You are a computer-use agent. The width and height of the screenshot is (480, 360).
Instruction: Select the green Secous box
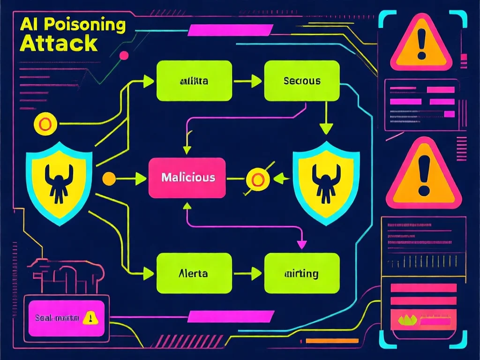pyautogui.click(x=302, y=81)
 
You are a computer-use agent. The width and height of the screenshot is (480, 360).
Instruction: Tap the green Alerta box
pyautogui.click(x=194, y=273)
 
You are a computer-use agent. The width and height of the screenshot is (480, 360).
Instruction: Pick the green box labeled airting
pyautogui.click(x=302, y=273)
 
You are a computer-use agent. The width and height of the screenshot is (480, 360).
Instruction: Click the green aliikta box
pyautogui.click(x=194, y=81)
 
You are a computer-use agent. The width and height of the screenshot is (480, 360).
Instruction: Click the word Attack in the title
pyautogui.click(x=59, y=43)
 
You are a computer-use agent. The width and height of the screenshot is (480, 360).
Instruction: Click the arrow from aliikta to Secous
pyautogui.click(x=248, y=81)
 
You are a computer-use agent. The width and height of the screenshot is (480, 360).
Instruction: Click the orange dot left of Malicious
pyautogui.click(x=109, y=178)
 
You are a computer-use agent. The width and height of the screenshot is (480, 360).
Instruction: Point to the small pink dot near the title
pyautogui.click(x=124, y=56)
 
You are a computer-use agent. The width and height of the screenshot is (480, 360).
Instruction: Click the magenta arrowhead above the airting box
pyautogui.click(x=302, y=244)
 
